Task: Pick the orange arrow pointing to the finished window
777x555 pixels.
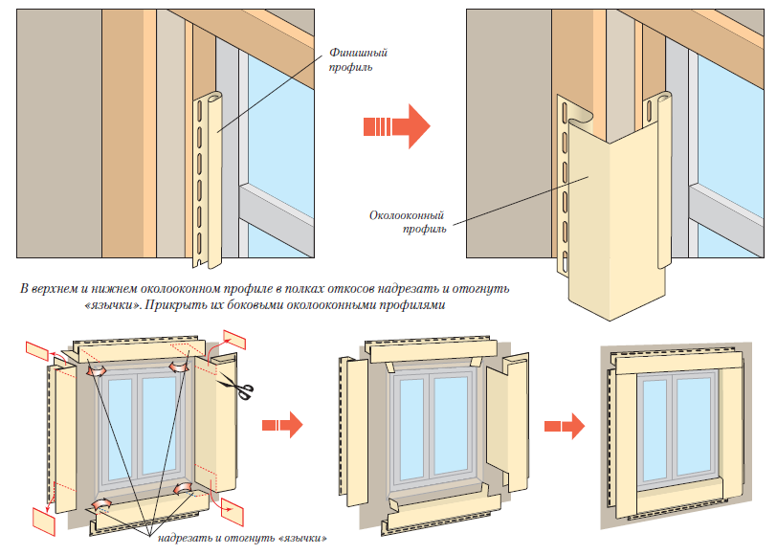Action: point(564,424)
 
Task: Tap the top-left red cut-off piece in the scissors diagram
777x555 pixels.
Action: point(37,350)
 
